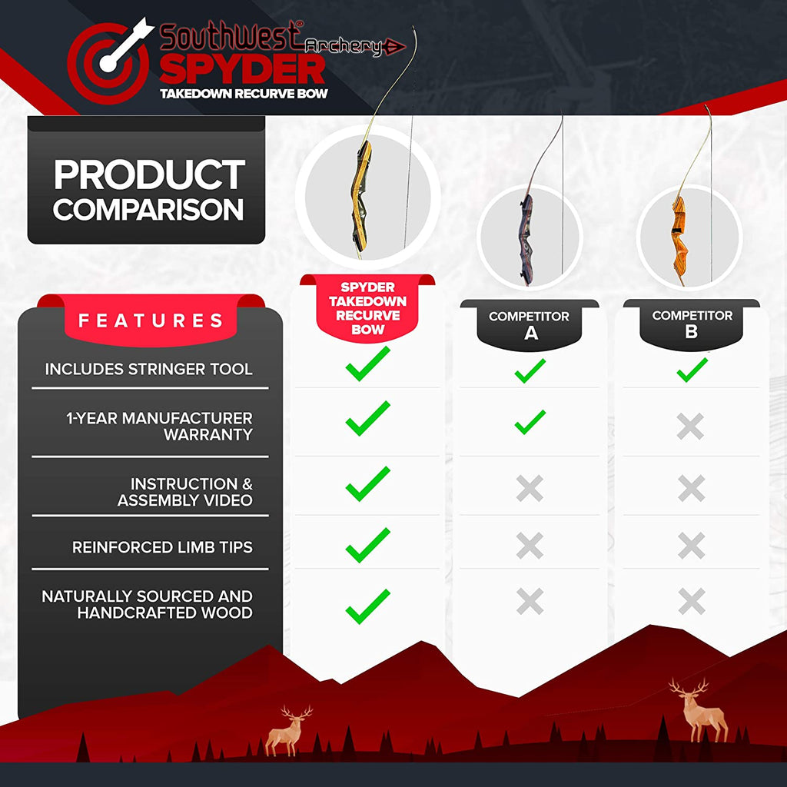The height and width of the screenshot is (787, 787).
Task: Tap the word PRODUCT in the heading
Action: pyautogui.click(x=149, y=175)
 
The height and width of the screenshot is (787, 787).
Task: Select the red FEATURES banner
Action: pyautogui.click(x=151, y=320)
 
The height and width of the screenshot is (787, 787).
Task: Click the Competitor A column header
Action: pyautogui.click(x=529, y=325)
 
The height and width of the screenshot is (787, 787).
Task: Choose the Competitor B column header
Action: pyautogui.click(x=692, y=324)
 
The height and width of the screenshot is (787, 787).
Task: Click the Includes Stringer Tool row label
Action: pyautogui.click(x=148, y=369)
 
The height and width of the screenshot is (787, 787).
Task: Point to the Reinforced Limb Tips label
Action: pyautogui.click(x=162, y=547)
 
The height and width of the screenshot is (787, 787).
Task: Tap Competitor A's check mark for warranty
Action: pyautogui.click(x=530, y=422)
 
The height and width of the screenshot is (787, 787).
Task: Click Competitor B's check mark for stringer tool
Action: pyautogui.click(x=692, y=370)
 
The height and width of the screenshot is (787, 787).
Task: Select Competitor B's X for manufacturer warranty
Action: pyautogui.click(x=690, y=427)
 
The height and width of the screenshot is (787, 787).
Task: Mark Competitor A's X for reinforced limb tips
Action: pyautogui.click(x=530, y=546)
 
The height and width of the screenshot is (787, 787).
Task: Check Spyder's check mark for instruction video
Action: pyautogui.click(x=367, y=483)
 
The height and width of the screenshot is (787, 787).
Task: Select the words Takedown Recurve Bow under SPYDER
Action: pyautogui.click(x=244, y=94)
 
